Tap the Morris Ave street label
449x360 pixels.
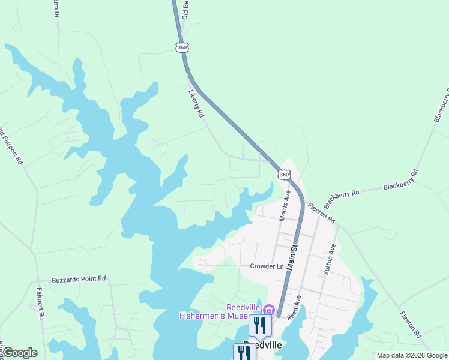tap(285, 206)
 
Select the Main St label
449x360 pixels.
tap(293, 256)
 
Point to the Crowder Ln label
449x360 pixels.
tap(267, 266)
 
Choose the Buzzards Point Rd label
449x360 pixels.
tap(79, 278)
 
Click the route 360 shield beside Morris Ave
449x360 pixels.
tap(284, 174)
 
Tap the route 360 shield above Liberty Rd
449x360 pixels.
tap(182, 47)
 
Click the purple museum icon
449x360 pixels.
tap(268, 310)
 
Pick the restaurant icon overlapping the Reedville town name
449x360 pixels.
tap(244, 352)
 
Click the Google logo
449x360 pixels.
tap(20, 353)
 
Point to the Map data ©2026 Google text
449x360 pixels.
tap(411, 355)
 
